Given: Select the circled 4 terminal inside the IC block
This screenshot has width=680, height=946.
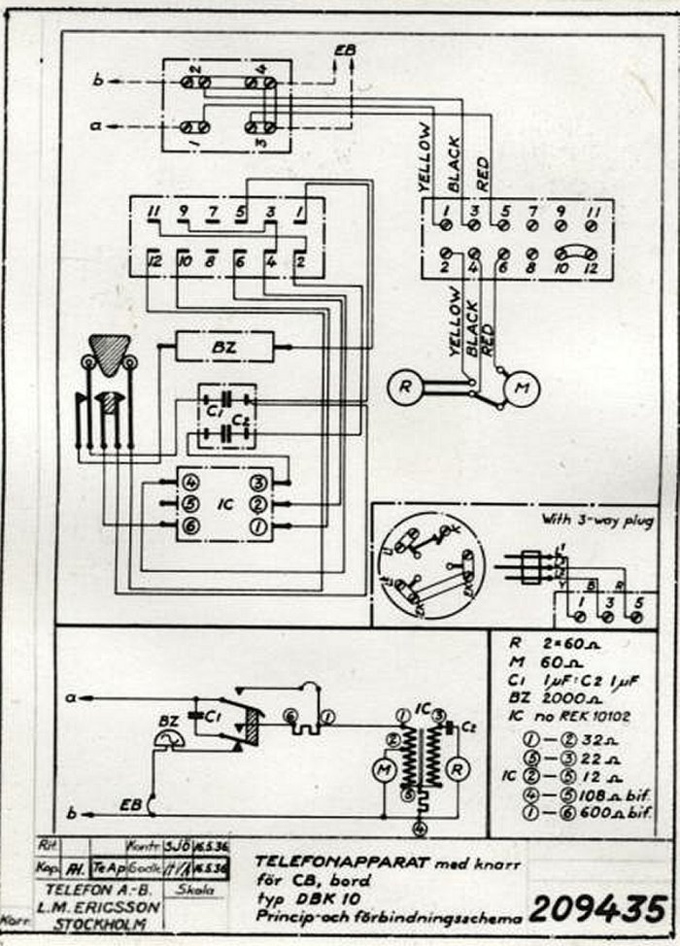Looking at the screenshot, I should (x=190, y=482).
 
